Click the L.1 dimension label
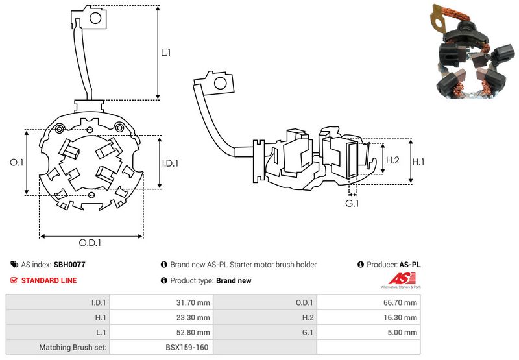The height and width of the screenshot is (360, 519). pos(165,53)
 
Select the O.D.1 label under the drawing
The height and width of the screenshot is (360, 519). pos(90,243)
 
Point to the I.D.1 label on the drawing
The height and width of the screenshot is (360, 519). pos(169,163)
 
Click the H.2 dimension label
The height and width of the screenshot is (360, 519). pos(392,160)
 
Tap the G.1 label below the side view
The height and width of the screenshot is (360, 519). pos(352,203)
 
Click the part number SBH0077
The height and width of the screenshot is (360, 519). pos(69,265)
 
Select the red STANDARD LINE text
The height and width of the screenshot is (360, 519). pos(49,280)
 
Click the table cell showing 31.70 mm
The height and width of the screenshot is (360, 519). pos(195,302)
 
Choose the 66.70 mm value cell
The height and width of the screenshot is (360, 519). pos(402,302)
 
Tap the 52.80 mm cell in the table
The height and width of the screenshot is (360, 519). pos(195,332)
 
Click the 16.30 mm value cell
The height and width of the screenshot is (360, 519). pos(402,317)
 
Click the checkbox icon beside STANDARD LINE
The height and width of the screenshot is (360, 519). pos(14,280)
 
